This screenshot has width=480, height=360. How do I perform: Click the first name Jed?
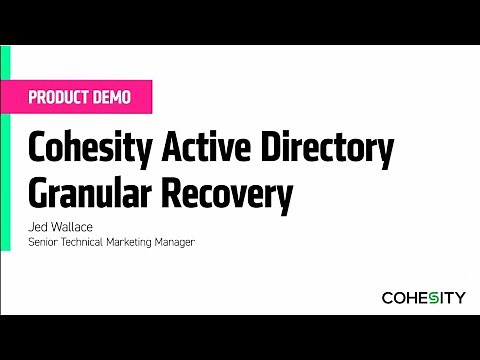coord(38,227)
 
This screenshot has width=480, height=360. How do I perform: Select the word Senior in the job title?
coord(44,241)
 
